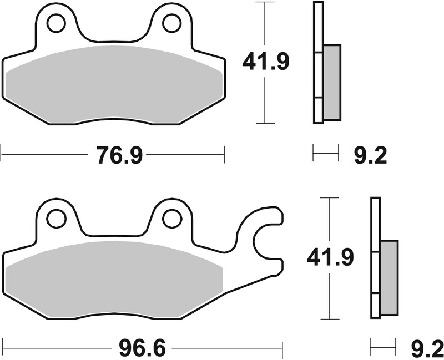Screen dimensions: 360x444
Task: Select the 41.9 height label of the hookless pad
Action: [x=266, y=63]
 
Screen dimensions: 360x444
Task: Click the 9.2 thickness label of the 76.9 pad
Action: [x=370, y=155]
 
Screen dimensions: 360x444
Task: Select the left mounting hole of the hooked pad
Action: [x=56, y=219]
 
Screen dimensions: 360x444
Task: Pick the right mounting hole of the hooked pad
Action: [x=172, y=219]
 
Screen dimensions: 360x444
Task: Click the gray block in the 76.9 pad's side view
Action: [x=331, y=82]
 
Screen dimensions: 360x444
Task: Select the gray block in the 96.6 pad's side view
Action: [x=389, y=277]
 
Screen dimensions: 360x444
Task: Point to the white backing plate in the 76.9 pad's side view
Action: [x=318, y=61]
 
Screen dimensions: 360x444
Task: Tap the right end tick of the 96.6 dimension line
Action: [x=283, y=347]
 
